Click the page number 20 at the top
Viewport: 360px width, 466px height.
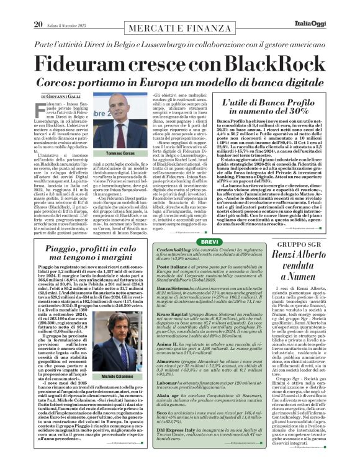click(x=38, y=7)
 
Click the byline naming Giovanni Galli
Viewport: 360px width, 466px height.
click(x=61, y=97)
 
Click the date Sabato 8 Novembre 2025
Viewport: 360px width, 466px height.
click(x=68, y=7)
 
